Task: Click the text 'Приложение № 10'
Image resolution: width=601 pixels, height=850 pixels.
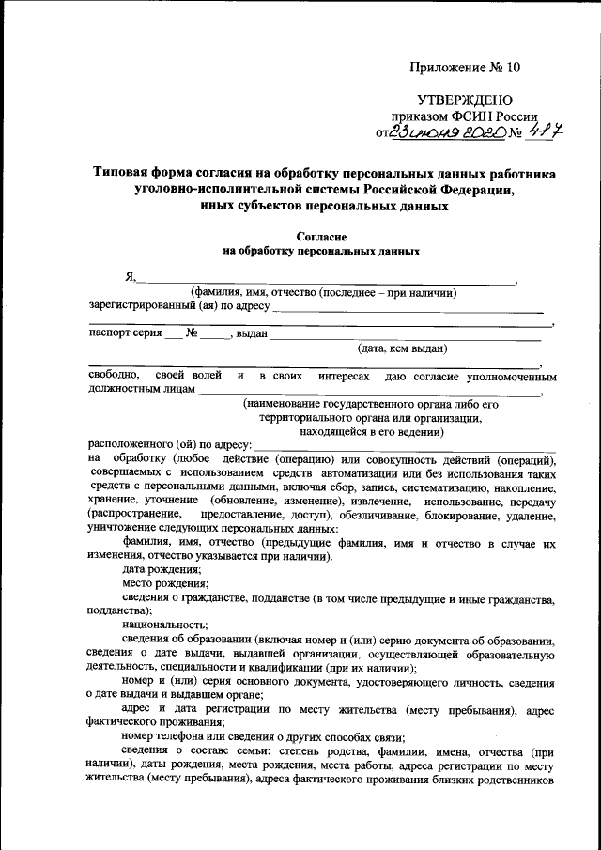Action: point(464,68)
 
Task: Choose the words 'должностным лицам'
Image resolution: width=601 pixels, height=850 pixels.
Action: point(143,389)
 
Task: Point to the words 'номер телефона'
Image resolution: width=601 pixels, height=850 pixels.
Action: point(166,736)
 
